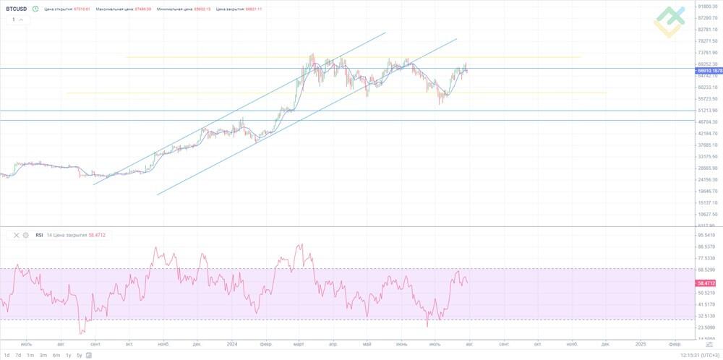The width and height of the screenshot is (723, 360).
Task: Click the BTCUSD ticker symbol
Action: click(x=17, y=9)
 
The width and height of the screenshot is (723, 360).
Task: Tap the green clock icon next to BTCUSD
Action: click(x=35, y=9)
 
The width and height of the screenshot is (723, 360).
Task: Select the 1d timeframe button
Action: click(x=7, y=355)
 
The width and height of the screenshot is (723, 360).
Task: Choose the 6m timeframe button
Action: click(x=56, y=355)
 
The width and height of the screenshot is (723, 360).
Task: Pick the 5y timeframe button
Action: click(x=80, y=355)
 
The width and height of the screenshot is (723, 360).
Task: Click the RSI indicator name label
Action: click(x=39, y=235)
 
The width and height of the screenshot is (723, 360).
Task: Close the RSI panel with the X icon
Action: click(x=17, y=235)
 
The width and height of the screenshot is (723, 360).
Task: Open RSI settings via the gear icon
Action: click(x=25, y=235)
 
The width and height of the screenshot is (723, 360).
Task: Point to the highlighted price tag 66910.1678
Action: click(x=709, y=71)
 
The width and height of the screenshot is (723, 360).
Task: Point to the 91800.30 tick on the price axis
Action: click(x=707, y=7)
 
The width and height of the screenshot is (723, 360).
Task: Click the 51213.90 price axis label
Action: click(x=707, y=111)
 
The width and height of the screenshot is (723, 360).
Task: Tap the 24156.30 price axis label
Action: click(x=707, y=180)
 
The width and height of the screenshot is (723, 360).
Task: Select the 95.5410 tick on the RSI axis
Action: click(x=707, y=235)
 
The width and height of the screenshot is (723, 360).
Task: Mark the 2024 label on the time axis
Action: click(x=232, y=343)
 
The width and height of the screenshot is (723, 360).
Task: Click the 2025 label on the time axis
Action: click(x=641, y=343)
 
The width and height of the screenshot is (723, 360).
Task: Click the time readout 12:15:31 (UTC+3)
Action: click(x=700, y=355)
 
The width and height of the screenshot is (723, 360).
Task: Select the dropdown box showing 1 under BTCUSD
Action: click(x=20, y=20)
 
